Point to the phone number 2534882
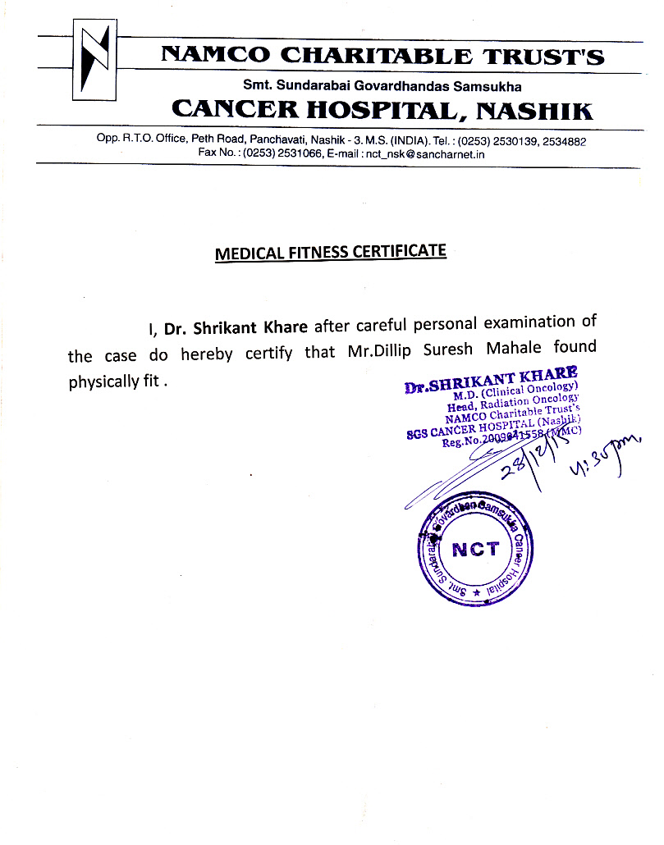(566, 141)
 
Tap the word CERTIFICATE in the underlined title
(399, 251)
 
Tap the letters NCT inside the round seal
(475, 549)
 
